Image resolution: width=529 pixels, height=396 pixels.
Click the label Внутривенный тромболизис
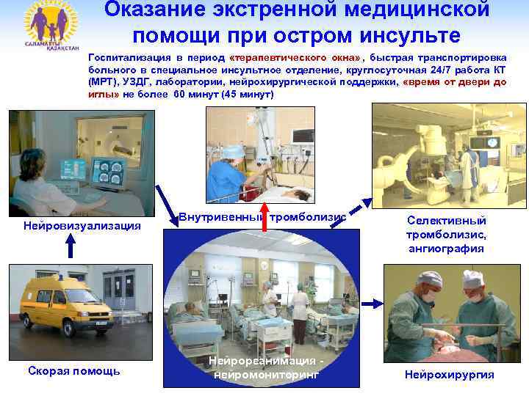point(262,217)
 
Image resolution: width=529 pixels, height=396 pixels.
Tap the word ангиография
point(447,249)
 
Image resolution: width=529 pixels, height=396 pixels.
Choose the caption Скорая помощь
point(73,371)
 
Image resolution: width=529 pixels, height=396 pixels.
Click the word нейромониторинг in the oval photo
point(266,374)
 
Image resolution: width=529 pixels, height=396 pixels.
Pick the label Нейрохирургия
point(449,375)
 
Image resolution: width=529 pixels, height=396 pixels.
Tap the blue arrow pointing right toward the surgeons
point(373,301)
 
